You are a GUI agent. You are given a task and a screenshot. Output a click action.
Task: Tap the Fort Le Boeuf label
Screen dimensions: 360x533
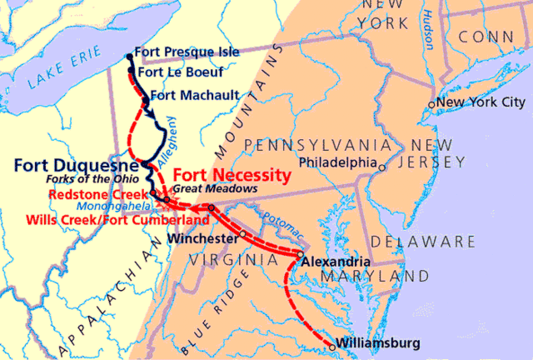(x=179, y=72)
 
